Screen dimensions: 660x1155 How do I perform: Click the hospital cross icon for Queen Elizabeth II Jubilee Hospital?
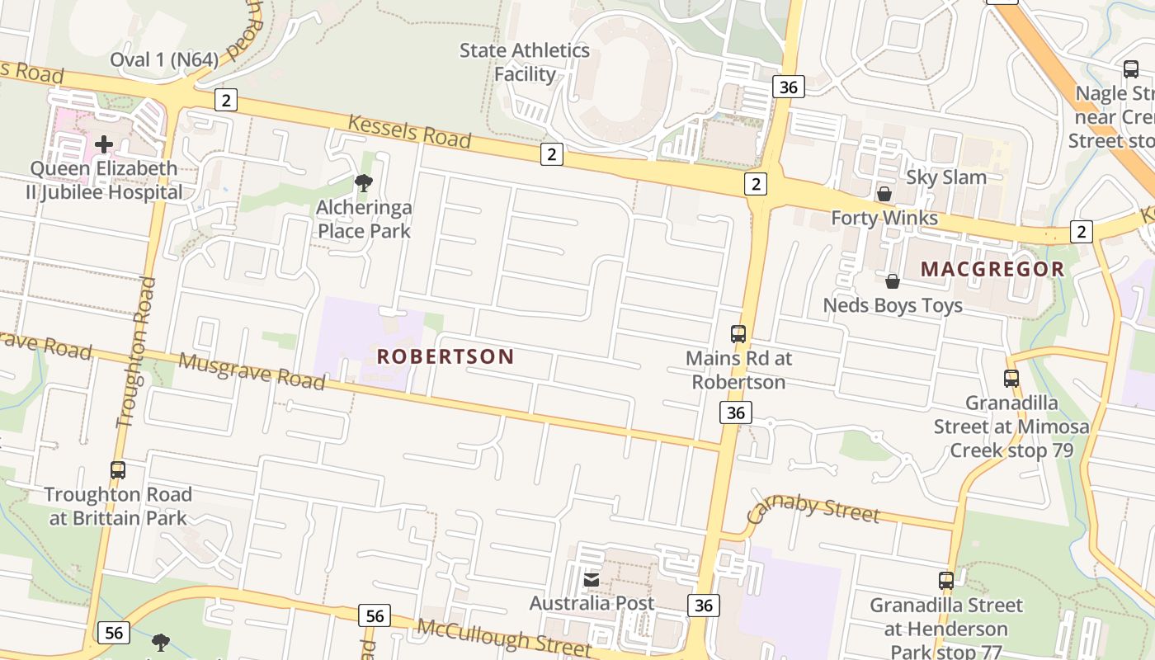pyautogui.click(x=104, y=144)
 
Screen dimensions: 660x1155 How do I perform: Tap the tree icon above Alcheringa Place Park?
pyautogui.click(x=363, y=183)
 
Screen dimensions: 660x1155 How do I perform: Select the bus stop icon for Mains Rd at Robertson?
pyautogui.click(x=738, y=334)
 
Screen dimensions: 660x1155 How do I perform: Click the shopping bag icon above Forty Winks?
pyautogui.click(x=884, y=194)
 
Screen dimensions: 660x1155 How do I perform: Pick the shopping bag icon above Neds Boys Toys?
pyautogui.click(x=893, y=281)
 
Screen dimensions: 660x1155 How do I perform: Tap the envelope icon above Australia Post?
pyautogui.click(x=592, y=580)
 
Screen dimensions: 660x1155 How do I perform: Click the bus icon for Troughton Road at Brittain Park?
pyautogui.click(x=118, y=470)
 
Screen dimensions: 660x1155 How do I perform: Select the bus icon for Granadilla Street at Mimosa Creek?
pyautogui.click(x=1011, y=379)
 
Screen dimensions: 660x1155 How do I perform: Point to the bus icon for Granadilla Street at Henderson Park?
pyautogui.click(x=946, y=581)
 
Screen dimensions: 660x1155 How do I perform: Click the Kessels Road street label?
pyautogui.click(x=409, y=132)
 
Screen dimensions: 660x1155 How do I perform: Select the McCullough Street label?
pyautogui.click(x=504, y=636)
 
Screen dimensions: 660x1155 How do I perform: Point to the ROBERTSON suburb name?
pyautogui.click(x=445, y=356)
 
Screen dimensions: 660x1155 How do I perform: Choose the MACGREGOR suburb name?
pyautogui.click(x=992, y=269)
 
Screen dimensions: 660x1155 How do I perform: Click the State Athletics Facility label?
pyautogui.click(x=525, y=62)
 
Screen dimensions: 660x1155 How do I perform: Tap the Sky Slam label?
pyautogui.click(x=946, y=177)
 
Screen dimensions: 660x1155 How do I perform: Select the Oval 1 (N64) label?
pyautogui.click(x=164, y=59)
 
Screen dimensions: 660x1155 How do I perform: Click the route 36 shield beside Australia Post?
pyautogui.click(x=703, y=606)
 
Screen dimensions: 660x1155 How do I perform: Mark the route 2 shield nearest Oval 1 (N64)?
pyautogui.click(x=225, y=101)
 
